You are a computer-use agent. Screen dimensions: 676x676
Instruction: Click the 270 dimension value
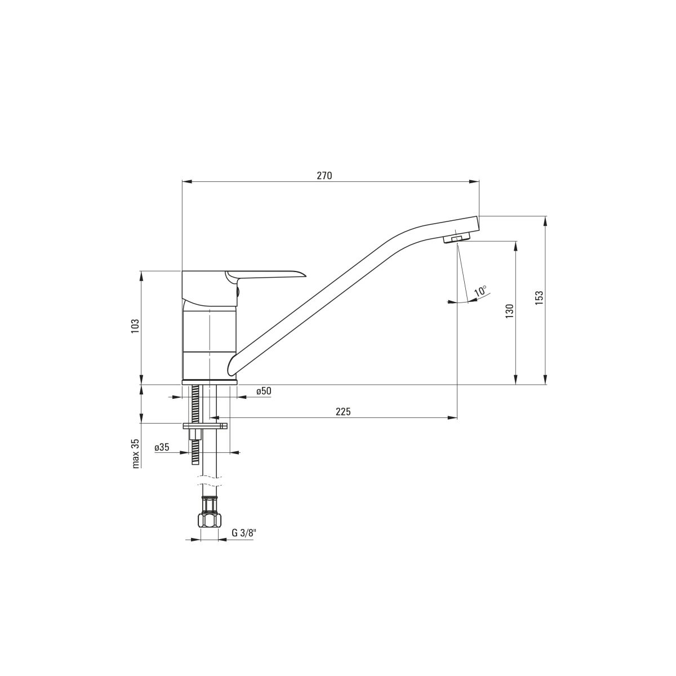point(324,176)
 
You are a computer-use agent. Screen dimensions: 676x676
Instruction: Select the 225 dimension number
point(343,411)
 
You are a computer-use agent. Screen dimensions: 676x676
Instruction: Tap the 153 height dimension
point(539,298)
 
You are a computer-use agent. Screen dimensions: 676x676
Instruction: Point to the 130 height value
point(509,311)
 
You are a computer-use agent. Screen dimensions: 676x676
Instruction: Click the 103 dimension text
point(135,326)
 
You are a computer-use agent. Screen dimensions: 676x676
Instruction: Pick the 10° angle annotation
point(481,291)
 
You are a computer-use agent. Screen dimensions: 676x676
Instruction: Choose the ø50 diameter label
point(264,391)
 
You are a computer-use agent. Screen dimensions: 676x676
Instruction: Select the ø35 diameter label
point(162,447)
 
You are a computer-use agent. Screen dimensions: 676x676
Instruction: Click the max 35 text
point(136,453)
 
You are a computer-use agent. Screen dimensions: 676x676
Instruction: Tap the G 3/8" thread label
point(244,542)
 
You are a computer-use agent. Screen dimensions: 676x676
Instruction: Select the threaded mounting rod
point(195,425)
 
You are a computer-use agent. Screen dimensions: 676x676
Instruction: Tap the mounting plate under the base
point(205,426)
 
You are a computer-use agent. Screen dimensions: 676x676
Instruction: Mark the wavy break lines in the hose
point(210,481)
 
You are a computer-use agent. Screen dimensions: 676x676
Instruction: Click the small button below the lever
point(238,290)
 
